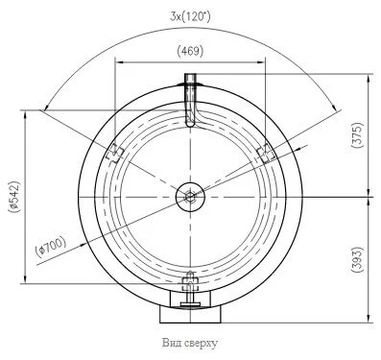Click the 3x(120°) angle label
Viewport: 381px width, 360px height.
pyautogui.click(x=190, y=16)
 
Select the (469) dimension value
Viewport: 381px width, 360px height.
pyautogui.click(x=190, y=51)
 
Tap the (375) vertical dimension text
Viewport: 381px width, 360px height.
pyautogui.click(x=357, y=135)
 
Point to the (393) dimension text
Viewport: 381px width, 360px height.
pyautogui.click(x=357, y=259)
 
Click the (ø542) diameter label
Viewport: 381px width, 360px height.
pyautogui.click(x=14, y=196)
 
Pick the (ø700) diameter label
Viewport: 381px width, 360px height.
pyautogui.click(x=51, y=246)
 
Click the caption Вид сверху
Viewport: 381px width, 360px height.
pyautogui.click(x=190, y=343)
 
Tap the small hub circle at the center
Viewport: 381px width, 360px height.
pyautogui.click(x=190, y=197)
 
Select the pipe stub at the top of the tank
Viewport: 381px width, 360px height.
pyautogui.click(x=191, y=100)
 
